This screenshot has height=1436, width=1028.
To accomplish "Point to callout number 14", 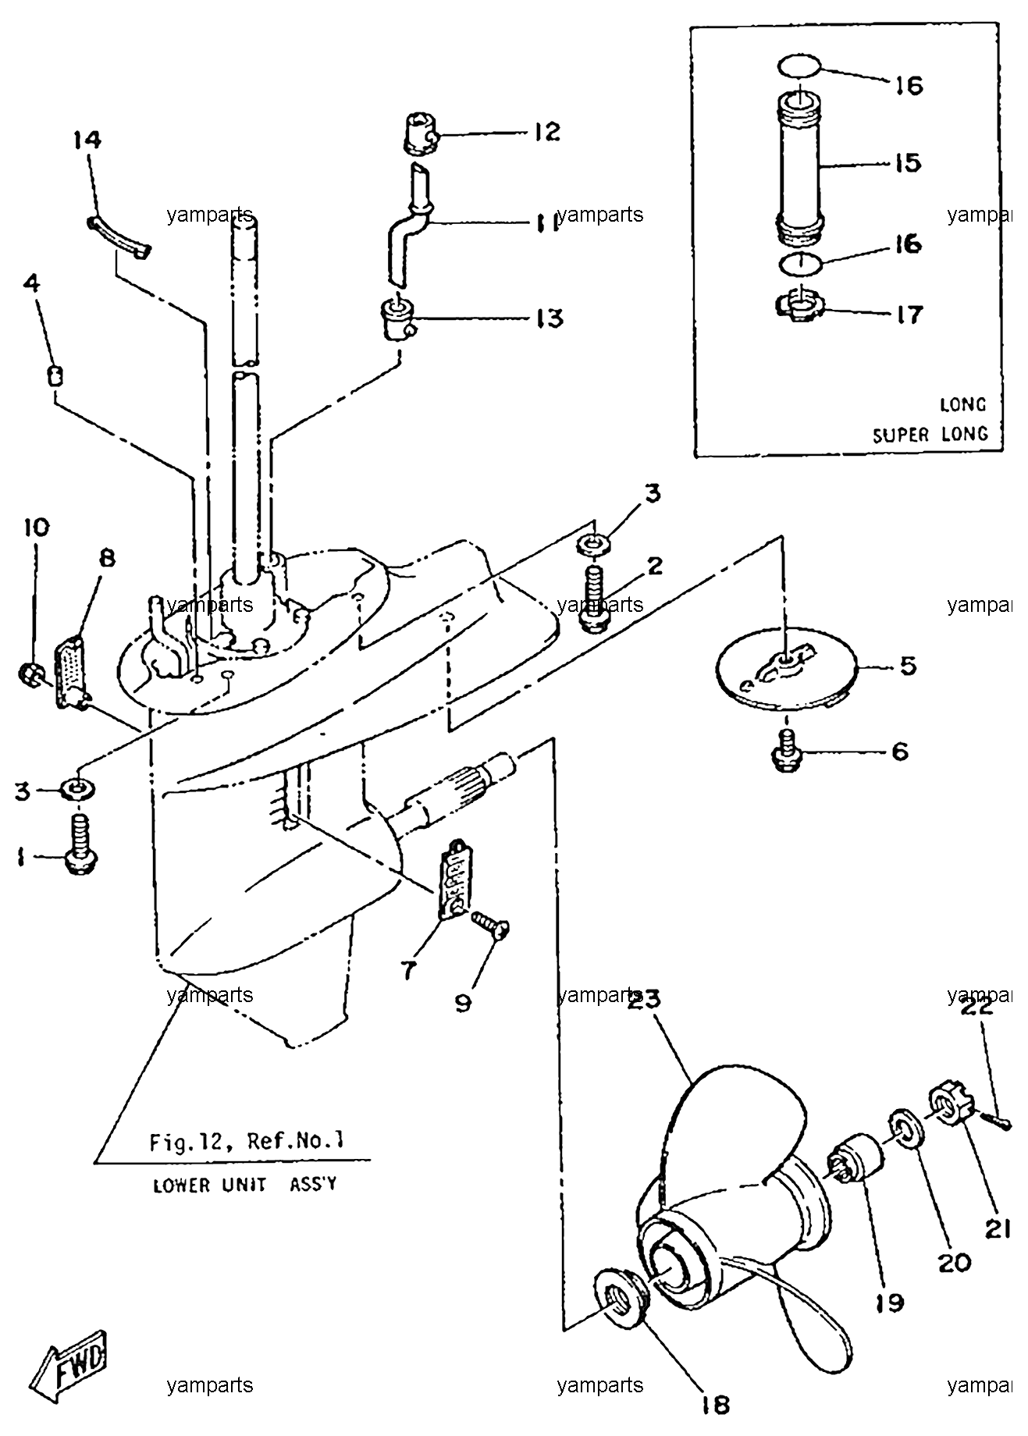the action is point(88,140).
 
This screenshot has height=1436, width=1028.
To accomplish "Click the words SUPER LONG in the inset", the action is point(930,434).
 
